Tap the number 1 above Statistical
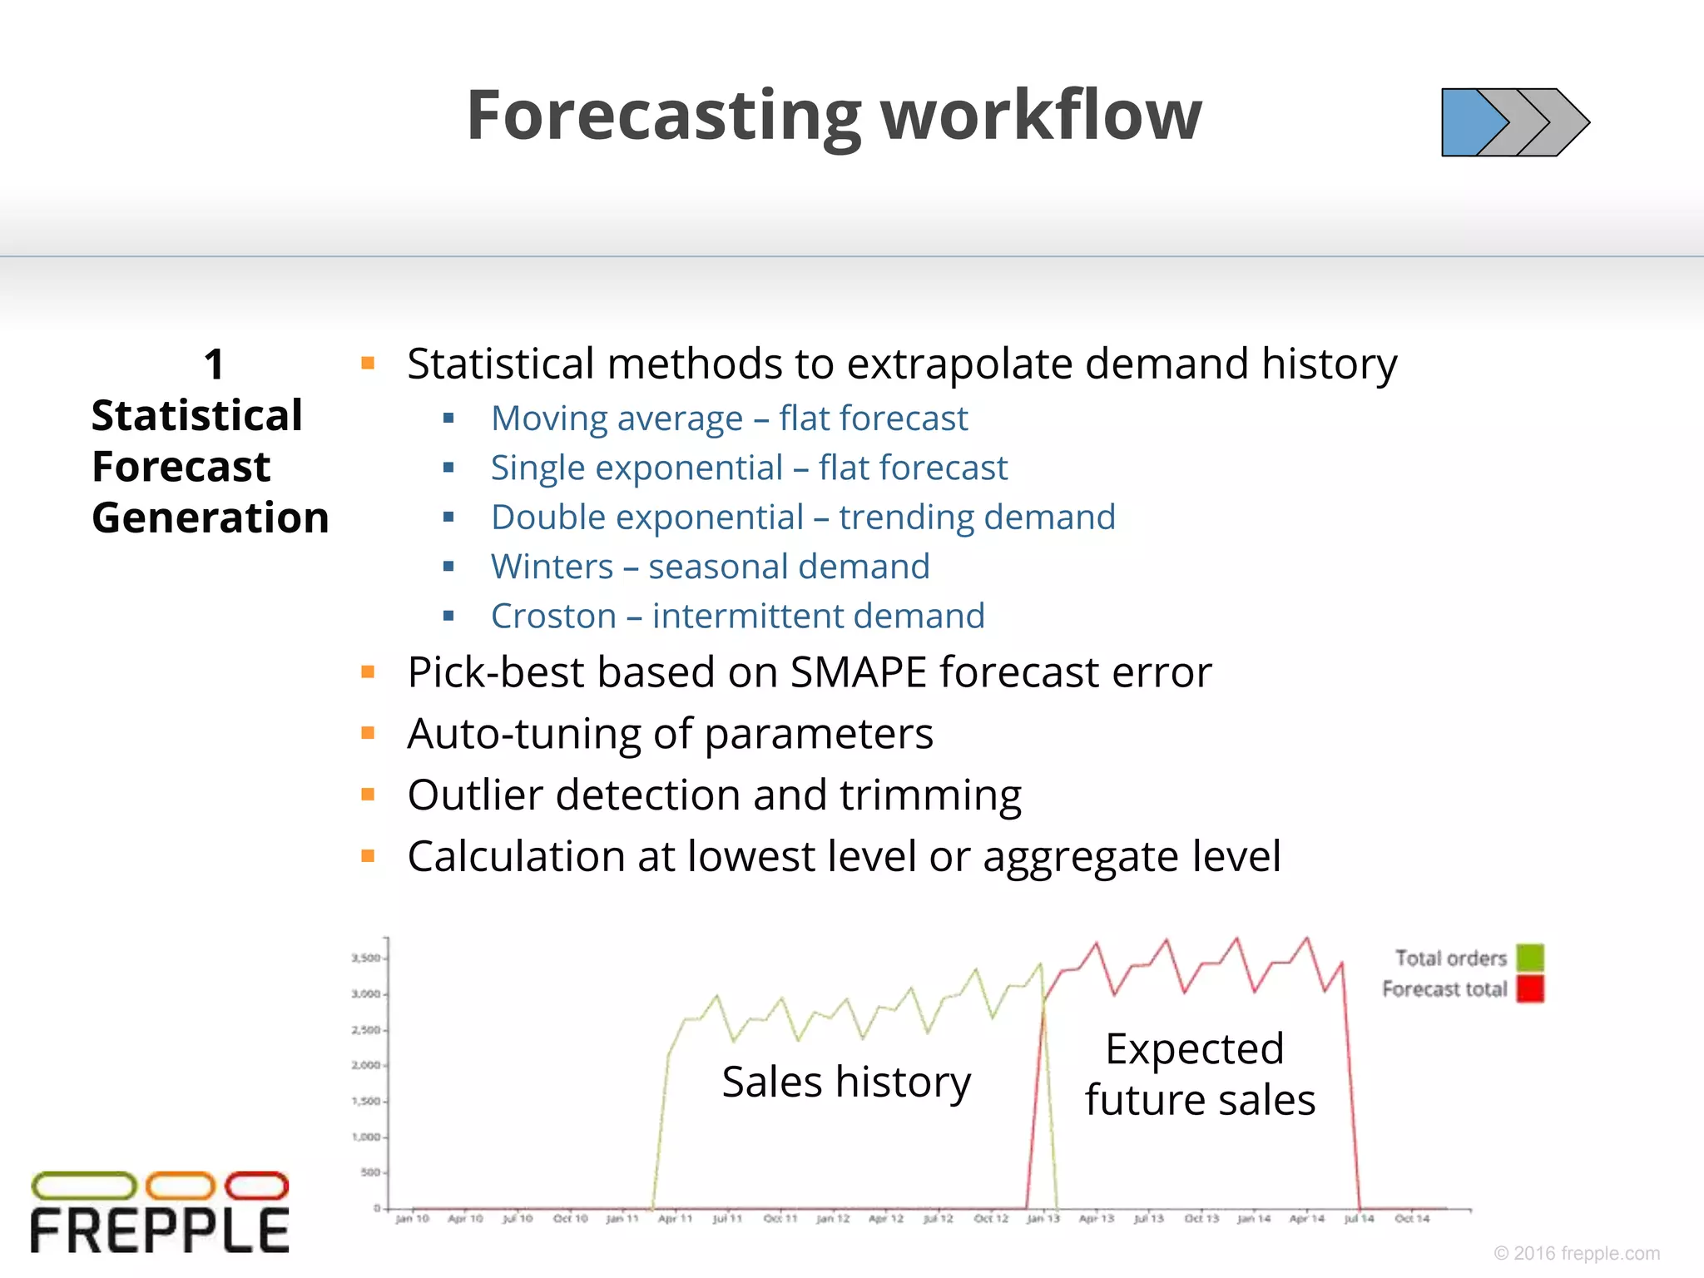(214, 364)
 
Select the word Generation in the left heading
(211, 518)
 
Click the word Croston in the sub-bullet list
(553, 617)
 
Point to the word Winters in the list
(552, 567)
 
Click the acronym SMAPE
(858, 672)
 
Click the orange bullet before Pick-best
(368, 671)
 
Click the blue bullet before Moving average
(448, 418)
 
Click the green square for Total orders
(1529, 958)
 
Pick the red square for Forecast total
(1529, 988)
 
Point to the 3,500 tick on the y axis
(365, 958)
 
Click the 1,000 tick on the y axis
(365, 1137)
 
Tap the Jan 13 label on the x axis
(1043, 1219)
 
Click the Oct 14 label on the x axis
(1411, 1219)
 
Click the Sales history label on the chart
(845, 1082)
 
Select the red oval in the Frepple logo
(256, 1186)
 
